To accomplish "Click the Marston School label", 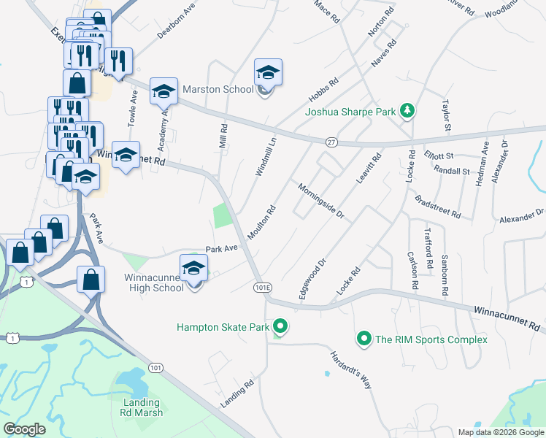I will click(217, 90).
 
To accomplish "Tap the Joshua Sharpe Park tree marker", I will click(407, 112).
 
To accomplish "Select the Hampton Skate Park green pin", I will click(279, 327).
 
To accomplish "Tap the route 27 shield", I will click(331, 141).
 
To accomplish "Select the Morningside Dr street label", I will click(320, 201).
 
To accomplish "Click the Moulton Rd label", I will click(265, 220).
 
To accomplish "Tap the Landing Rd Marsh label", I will click(142, 408).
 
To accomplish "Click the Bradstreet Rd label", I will click(437, 207).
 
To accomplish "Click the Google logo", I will click(25, 429).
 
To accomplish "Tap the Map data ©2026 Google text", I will click(500, 432).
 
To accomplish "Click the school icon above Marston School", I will click(268, 73).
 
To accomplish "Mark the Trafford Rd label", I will click(428, 248).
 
